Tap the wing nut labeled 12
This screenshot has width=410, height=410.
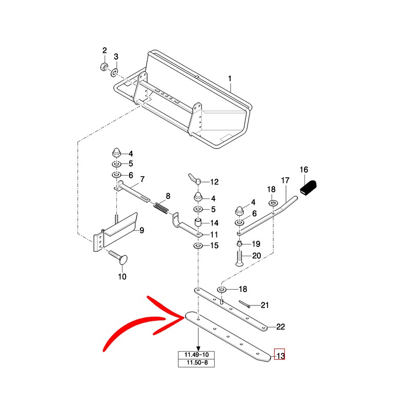click(x=193, y=180)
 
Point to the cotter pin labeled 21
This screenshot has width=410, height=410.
click(x=245, y=304)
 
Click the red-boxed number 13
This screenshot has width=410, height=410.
click(x=280, y=355)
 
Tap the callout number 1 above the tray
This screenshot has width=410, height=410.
click(x=230, y=78)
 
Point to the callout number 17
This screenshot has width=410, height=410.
click(x=285, y=180)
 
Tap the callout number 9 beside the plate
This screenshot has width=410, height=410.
click(x=142, y=230)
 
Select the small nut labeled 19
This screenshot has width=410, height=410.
click(x=240, y=243)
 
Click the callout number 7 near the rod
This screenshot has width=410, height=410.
click(x=142, y=179)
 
